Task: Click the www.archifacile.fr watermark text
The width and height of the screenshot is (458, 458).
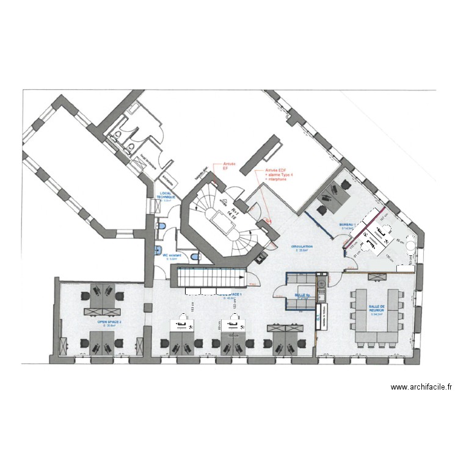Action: tap(421, 387)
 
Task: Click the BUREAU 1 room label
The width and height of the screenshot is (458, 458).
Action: tap(347, 225)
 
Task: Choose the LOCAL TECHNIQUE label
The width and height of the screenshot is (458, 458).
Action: tap(165, 197)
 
